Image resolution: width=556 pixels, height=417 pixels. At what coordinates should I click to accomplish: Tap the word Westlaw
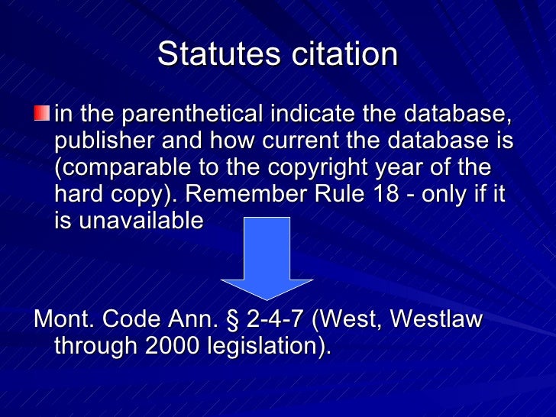tap(437, 319)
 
